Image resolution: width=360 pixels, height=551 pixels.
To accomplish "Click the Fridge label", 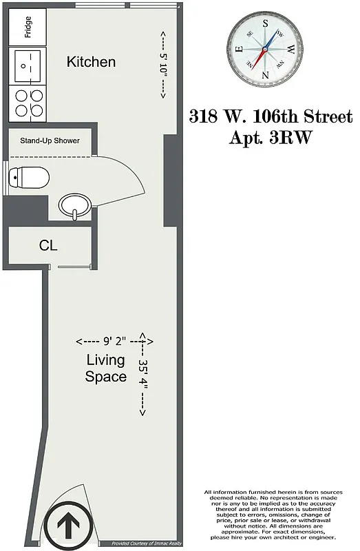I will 28,27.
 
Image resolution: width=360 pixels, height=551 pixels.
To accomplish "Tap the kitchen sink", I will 28,66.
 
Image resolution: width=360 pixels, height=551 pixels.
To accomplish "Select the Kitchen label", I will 91,62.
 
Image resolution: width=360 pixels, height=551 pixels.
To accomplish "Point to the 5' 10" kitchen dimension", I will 163,65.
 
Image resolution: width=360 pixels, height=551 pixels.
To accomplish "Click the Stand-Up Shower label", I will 50,141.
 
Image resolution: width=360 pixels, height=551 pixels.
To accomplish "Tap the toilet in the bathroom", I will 30,179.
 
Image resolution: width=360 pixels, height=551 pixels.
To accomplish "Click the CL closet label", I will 48,246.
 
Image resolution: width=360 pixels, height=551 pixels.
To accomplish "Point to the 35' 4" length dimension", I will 143,376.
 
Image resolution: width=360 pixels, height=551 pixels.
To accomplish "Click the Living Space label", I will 105,368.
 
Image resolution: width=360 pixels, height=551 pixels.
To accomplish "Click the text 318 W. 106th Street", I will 271,116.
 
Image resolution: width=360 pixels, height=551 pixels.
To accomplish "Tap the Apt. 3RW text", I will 271,137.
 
